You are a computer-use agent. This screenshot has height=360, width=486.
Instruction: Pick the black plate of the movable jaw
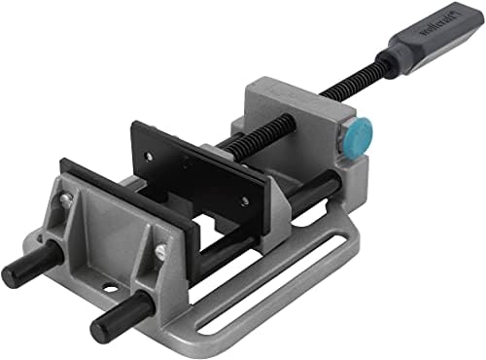(194, 171)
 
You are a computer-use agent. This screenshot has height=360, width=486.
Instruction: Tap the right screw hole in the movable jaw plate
(244, 201)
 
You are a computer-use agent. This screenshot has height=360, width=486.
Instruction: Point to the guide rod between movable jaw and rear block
(316, 190)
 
